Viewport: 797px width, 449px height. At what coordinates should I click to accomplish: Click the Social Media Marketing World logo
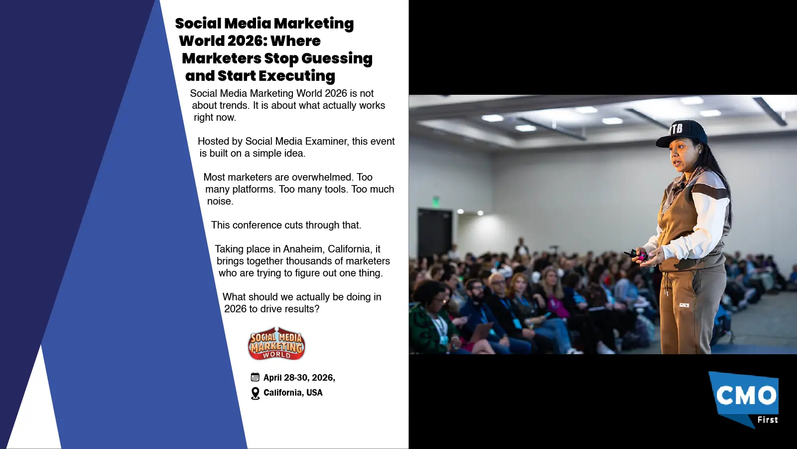[x=276, y=343]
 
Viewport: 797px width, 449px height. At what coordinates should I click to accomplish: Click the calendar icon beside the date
[x=255, y=377]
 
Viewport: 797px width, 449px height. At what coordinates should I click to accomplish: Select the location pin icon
[x=255, y=393]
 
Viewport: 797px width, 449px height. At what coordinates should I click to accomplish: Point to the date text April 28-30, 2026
[x=299, y=378]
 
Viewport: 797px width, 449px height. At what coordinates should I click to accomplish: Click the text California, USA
[x=293, y=393]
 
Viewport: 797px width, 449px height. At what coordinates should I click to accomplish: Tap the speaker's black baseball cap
[x=683, y=132]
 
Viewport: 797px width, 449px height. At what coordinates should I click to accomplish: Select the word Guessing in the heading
[x=337, y=58]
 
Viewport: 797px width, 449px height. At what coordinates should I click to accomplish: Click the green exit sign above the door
[x=436, y=201]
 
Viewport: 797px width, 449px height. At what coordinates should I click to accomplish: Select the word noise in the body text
[x=219, y=201]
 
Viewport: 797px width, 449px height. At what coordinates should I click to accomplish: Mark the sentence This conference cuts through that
[x=286, y=225]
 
